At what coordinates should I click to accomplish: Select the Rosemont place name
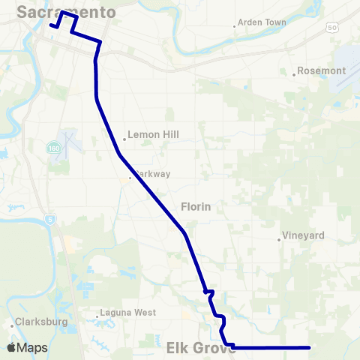tap(322, 71)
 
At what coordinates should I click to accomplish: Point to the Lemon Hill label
tap(153, 135)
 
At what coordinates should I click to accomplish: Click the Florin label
tap(196, 205)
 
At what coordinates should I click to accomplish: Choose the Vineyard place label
tap(303, 235)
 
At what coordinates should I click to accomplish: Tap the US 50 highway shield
tap(331, 27)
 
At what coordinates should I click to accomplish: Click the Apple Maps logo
tap(27, 348)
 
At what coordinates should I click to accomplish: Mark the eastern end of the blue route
tap(309, 347)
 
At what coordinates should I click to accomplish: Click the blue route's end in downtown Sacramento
tap(51, 25)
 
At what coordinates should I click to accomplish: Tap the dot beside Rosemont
tap(294, 74)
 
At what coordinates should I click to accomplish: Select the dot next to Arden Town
tap(235, 26)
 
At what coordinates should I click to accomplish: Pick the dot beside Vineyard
tap(279, 239)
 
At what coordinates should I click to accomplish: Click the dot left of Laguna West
tap(98, 315)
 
